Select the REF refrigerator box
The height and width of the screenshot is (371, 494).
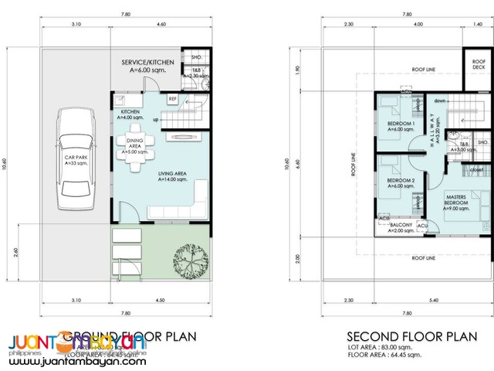[174, 99]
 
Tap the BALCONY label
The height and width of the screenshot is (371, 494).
[401, 226]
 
